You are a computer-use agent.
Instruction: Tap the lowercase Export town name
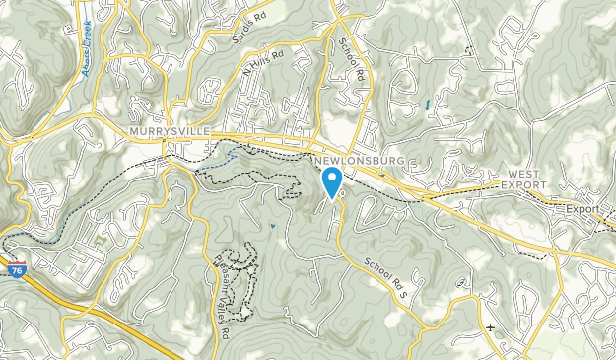(582, 209)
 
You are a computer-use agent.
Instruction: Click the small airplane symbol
(490, 327)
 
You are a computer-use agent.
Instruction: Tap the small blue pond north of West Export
(426, 105)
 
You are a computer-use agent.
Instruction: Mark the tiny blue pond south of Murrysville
(272, 227)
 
